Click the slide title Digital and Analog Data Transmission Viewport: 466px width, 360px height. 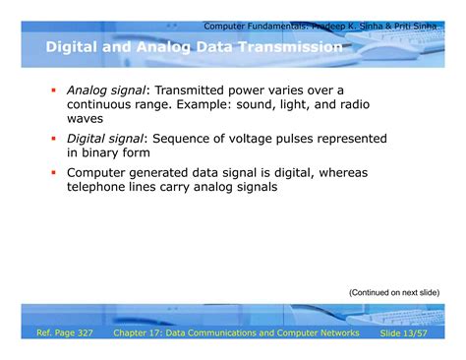[194, 47]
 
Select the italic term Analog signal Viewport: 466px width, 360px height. [103, 90]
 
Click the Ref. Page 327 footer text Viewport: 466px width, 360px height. [65, 334]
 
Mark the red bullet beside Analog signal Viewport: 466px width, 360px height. [56, 90]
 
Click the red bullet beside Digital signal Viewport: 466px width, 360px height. [56, 139]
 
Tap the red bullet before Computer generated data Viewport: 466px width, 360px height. [56, 173]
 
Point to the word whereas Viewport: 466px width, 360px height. [339, 173]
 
